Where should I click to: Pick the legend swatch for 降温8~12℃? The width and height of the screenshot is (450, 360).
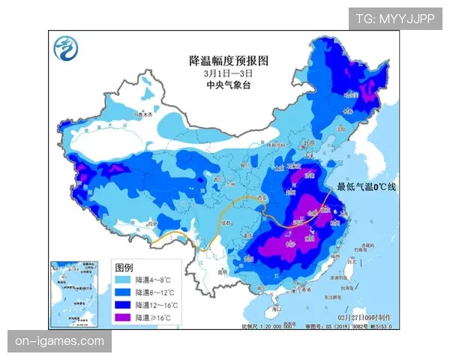(x=123, y=293)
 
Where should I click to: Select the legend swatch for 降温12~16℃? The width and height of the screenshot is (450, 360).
(x=123, y=306)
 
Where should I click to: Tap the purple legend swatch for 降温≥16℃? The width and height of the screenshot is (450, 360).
(x=123, y=318)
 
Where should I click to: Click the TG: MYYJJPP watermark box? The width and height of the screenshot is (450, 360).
(x=394, y=19)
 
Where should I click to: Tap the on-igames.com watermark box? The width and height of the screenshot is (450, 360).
(x=61, y=341)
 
